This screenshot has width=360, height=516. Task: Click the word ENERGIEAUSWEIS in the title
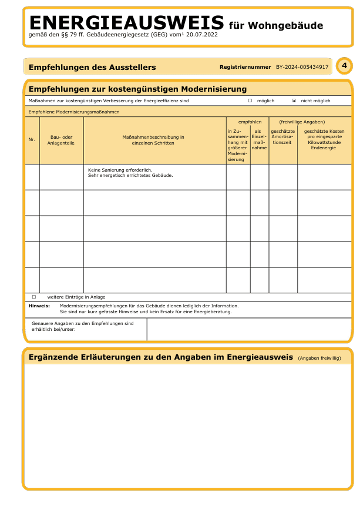pyautogui.click(x=126, y=24)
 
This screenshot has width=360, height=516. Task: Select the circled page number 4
pyautogui.click(x=344, y=66)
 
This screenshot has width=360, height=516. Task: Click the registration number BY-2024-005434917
pyautogui.click(x=302, y=67)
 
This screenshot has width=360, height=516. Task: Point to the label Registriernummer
pyautogui.click(x=245, y=67)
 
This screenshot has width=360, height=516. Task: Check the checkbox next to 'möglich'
pyautogui.click(x=250, y=100)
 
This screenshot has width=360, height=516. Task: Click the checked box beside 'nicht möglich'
pyautogui.click(x=294, y=100)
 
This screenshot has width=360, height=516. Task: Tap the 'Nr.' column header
pyautogui.click(x=32, y=139)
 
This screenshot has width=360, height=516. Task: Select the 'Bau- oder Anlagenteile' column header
pyautogui.click(x=61, y=139)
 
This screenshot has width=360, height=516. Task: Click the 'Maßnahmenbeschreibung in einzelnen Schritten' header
pyautogui.click(x=153, y=139)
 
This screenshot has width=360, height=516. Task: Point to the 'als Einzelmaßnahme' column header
pyautogui.click(x=258, y=139)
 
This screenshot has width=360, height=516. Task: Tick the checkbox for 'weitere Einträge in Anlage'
pyautogui.click(x=34, y=297)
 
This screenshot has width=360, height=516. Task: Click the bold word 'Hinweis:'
pyautogui.click(x=39, y=306)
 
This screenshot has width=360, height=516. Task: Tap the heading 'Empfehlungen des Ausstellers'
pyautogui.click(x=92, y=67)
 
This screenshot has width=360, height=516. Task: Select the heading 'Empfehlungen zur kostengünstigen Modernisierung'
pyautogui.click(x=137, y=89)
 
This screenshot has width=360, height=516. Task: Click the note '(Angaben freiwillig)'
pyautogui.click(x=319, y=358)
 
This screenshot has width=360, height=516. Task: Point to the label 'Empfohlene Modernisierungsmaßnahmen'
pyautogui.click(x=74, y=111)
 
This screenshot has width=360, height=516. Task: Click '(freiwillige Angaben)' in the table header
pyautogui.click(x=302, y=121)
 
